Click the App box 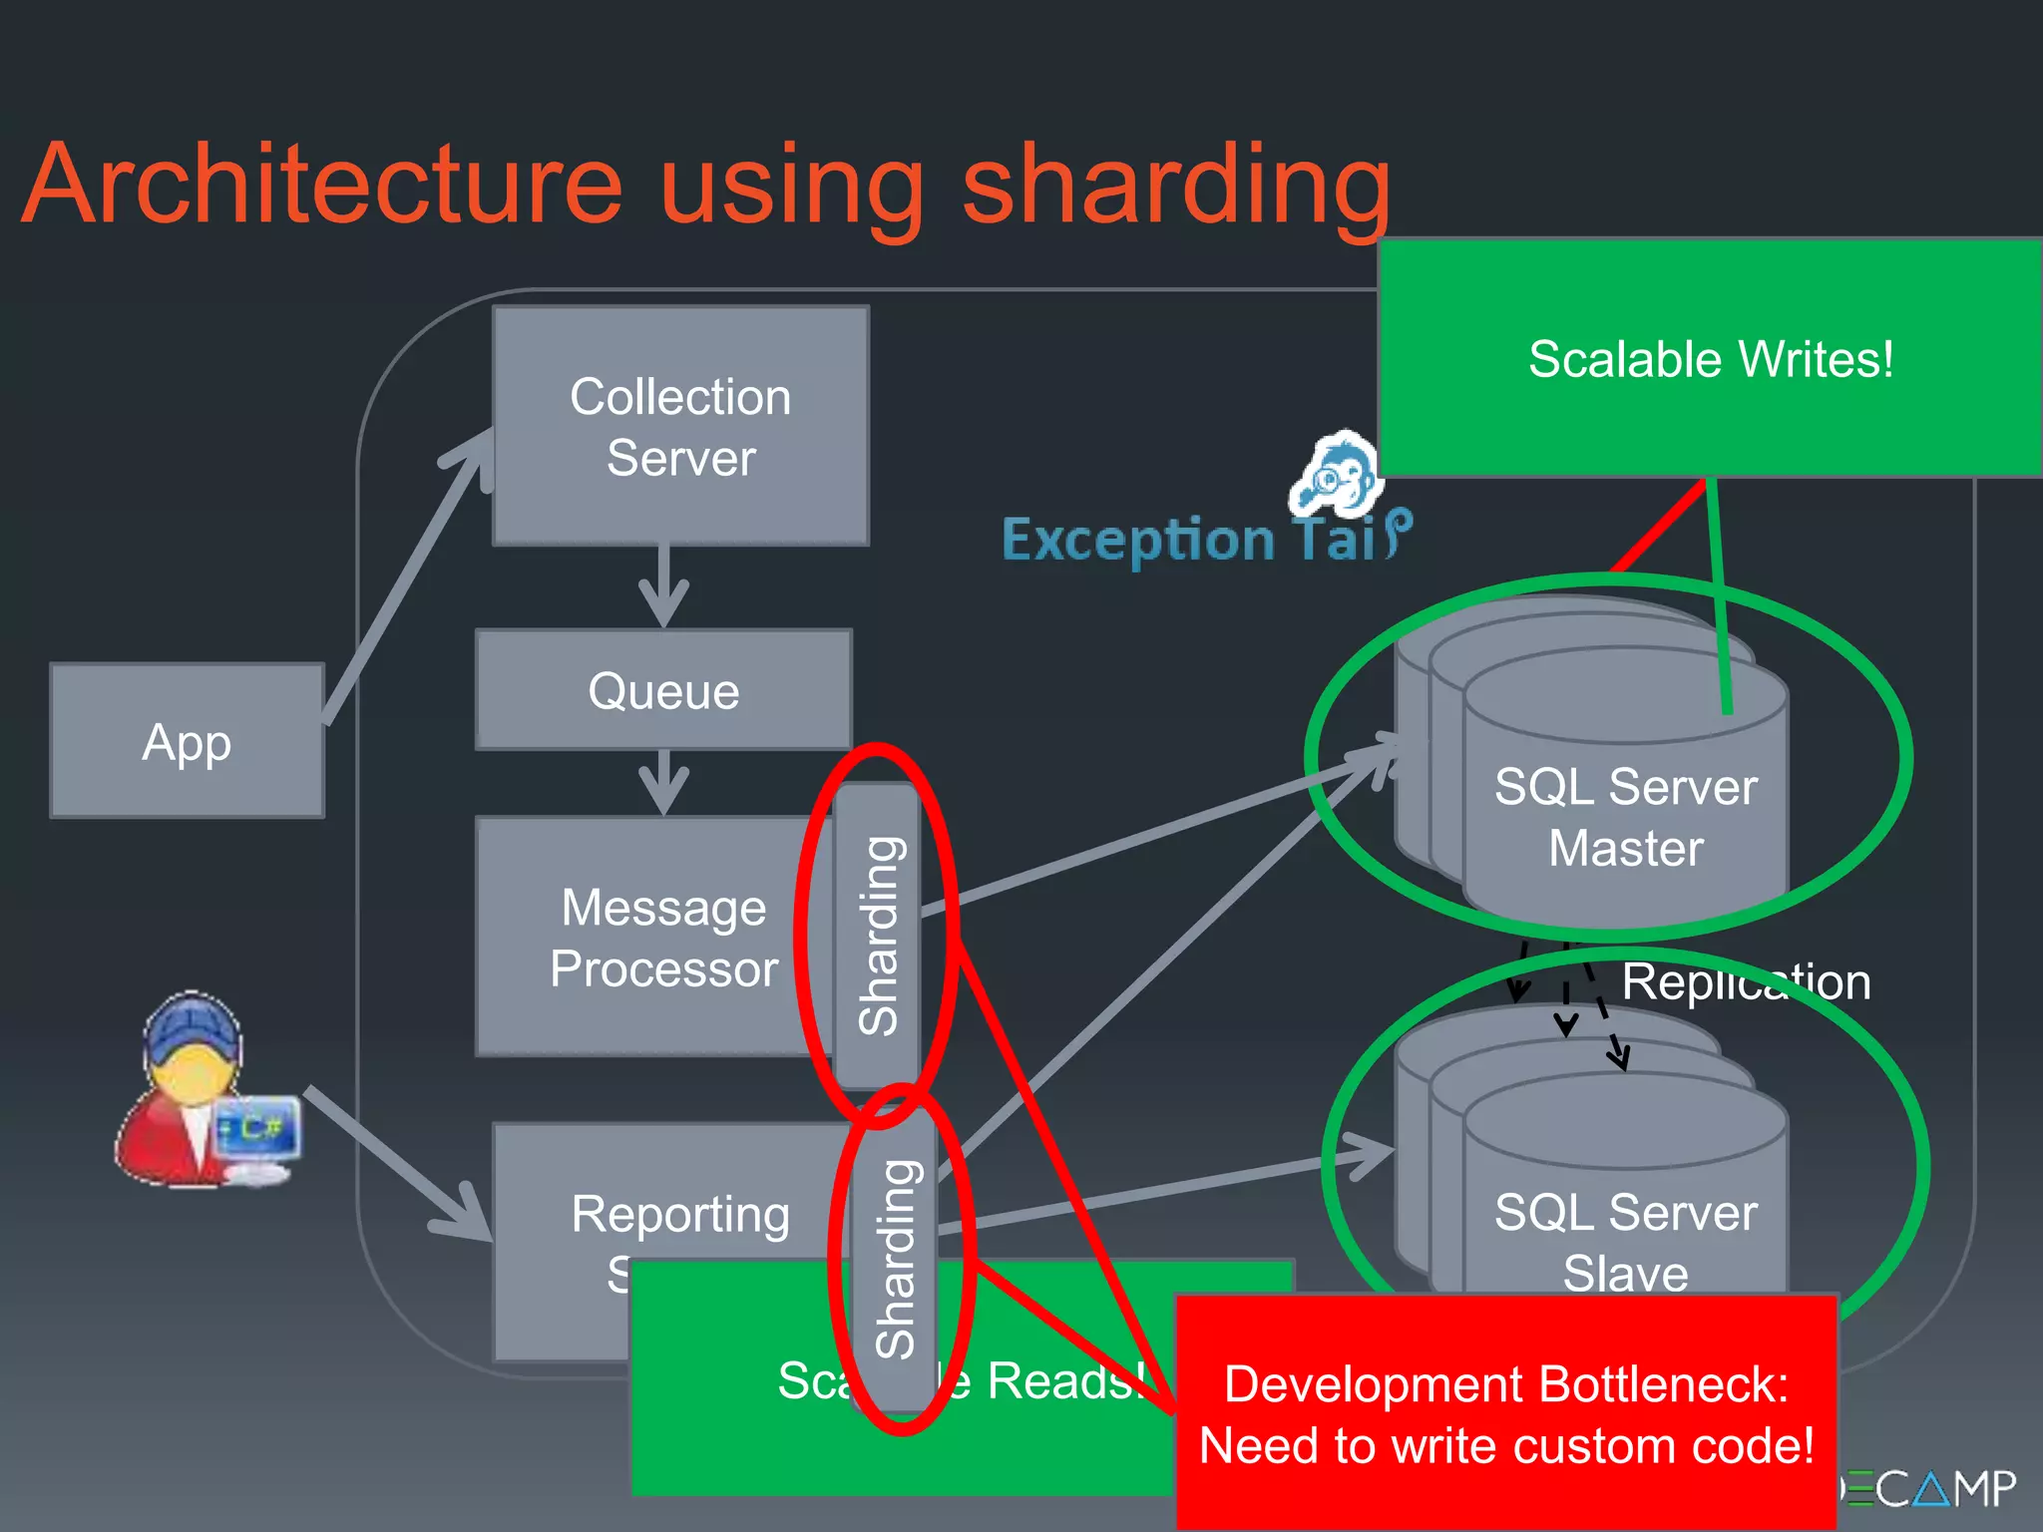tap(187, 741)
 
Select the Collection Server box tap(680, 426)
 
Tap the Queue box tap(663, 690)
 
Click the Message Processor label tap(663, 938)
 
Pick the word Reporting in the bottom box tap(680, 1214)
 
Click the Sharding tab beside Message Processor tap(878, 936)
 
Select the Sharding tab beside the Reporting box tap(895, 1259)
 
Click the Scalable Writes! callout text tap(1710, 359)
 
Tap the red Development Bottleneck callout tap(1506, 1414)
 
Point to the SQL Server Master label tap(1625, 817)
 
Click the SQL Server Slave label tap(1625, 1242)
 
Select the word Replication tap(1746, 981)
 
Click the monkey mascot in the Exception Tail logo tap(1338, 475)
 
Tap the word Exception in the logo tap(1138, 541)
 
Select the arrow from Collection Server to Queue tap(663, 586)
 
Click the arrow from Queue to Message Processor tap(663, 782)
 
